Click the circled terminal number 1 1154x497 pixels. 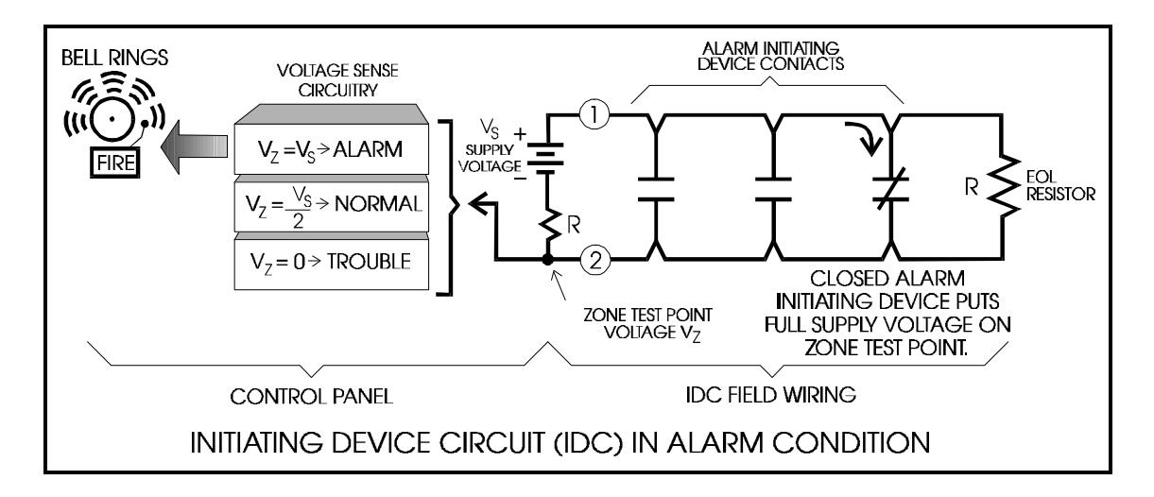[594, 114]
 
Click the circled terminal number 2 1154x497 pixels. [595, 260]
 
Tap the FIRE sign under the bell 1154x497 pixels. [115, 163]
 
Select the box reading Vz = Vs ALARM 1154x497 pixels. [331, 149]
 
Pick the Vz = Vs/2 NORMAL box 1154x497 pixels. [331, 205]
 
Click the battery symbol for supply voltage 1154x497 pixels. [546, 158]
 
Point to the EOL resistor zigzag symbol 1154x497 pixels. [1003, 186]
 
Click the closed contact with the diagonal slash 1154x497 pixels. [890, 189]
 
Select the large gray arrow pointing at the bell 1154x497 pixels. [194, 146]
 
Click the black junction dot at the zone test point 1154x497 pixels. [547, 260]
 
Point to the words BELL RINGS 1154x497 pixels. [114, 58]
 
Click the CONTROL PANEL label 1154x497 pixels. [311, 397]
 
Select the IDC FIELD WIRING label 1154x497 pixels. [770, 395]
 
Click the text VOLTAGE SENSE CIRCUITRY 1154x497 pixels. [337, 80]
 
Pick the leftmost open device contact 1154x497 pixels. [656, 189]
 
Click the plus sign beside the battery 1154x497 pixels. [521, 134]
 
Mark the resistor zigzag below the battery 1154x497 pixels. [550, 225]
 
